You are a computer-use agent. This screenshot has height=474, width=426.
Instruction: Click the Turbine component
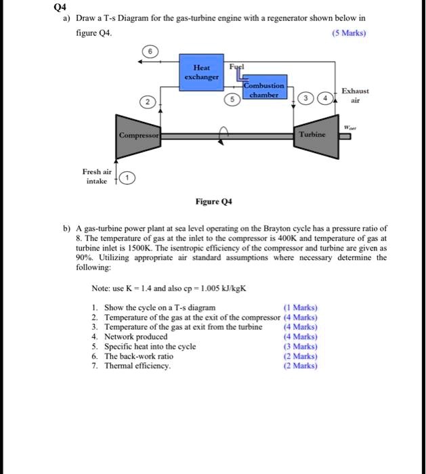tap(314, 135)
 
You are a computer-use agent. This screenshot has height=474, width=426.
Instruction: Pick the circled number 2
tap(145, 103)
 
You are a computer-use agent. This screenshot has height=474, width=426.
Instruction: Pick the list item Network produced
tap(135, 337)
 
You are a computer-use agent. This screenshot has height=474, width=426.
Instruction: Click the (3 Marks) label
tap(298, 346)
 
